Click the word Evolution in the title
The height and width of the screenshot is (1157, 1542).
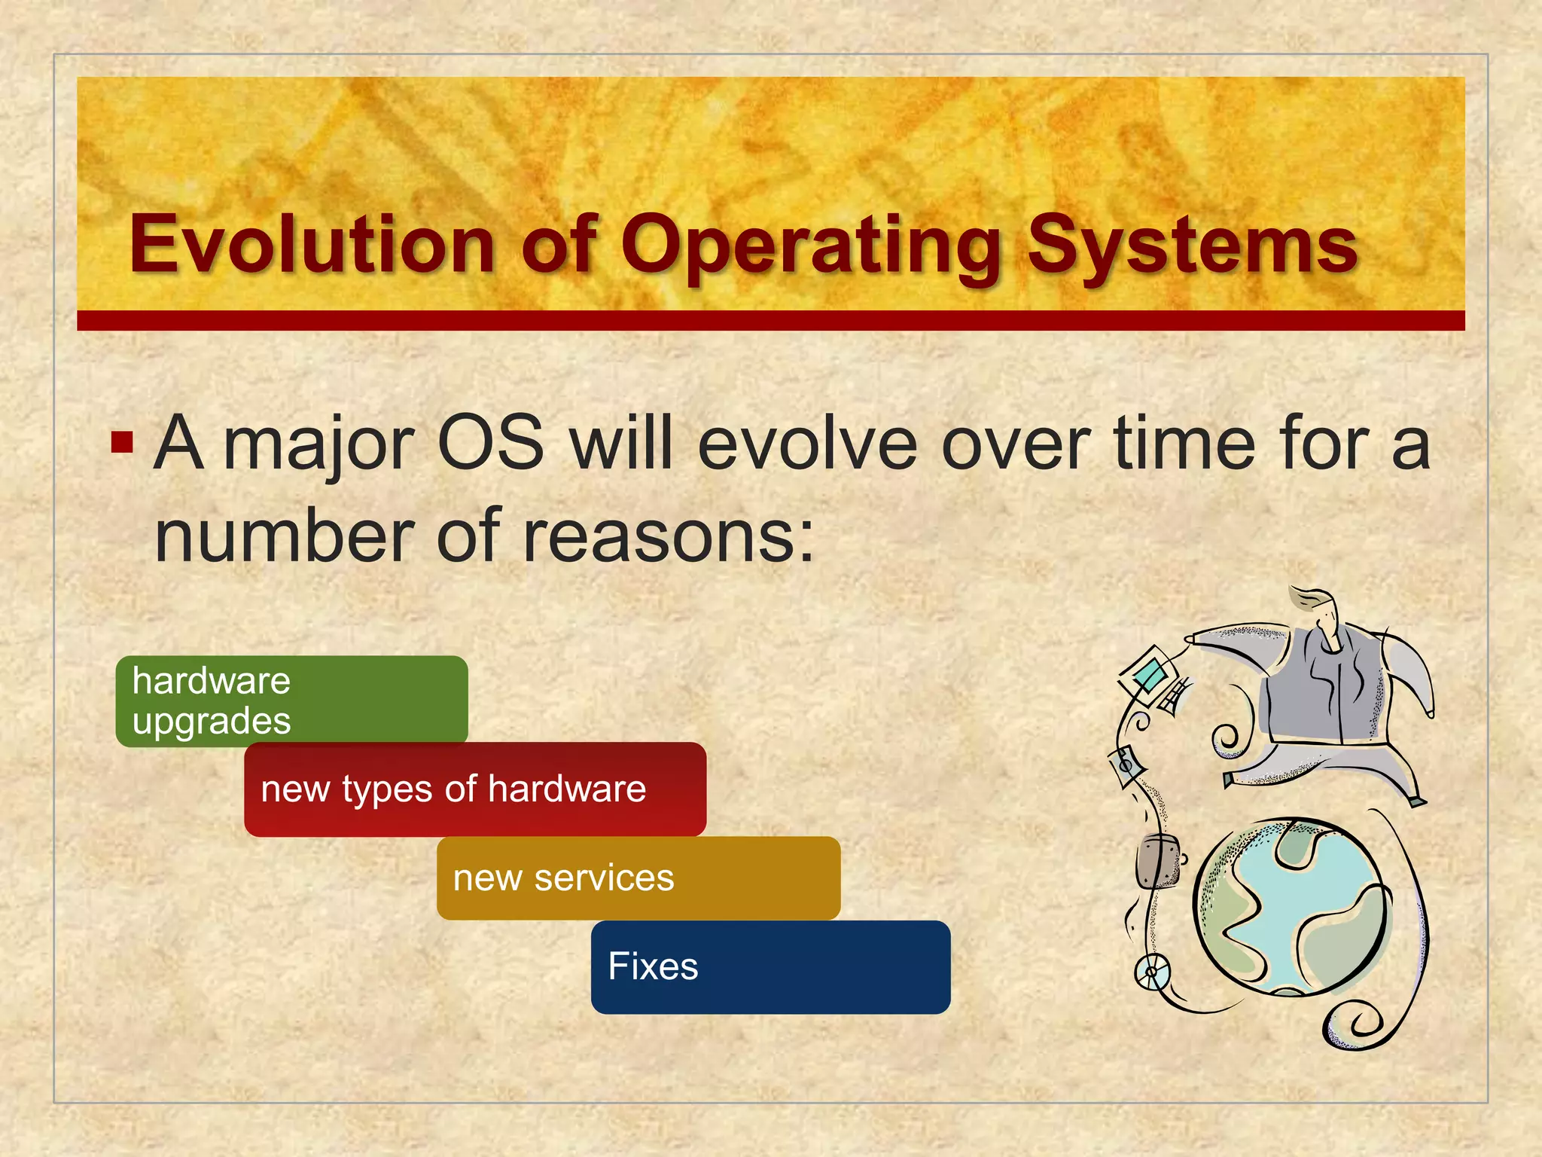tap(311, 245)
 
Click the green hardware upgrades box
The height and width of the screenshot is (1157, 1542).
tap(292, 701)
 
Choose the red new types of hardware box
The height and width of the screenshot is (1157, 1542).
tap(475, 789)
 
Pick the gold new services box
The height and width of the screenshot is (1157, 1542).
tap(638, 878)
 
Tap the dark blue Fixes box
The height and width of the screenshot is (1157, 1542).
tap(770, 966)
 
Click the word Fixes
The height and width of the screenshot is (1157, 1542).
tap(653, 966)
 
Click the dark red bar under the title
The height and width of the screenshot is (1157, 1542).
tap(770, 320)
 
